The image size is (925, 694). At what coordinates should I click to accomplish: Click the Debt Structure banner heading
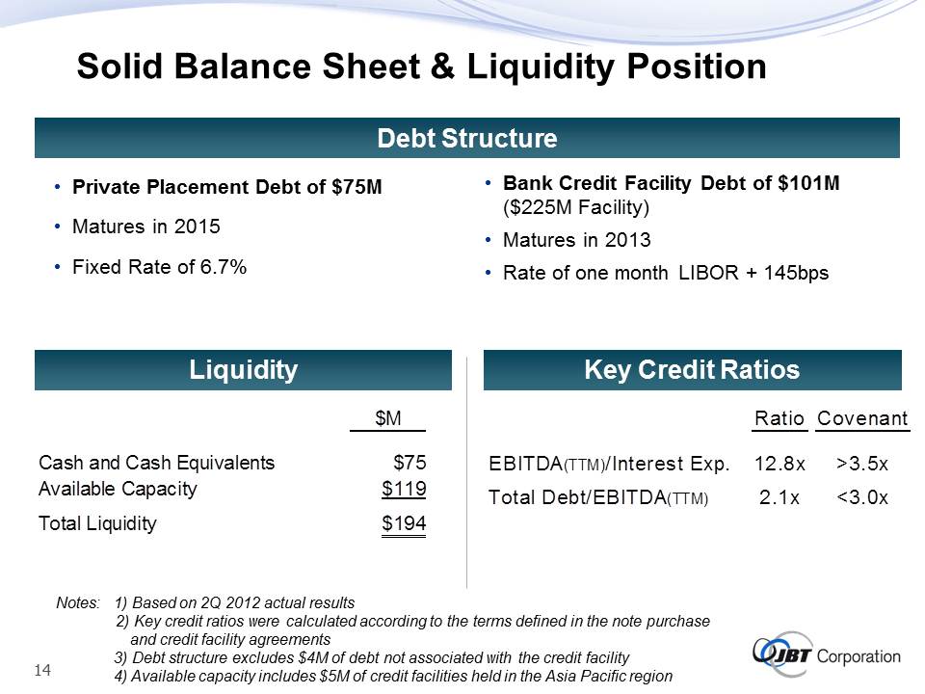pyautogui.click(x=466, y=138)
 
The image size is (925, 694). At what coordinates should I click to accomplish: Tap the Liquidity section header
pyautogui.click(x=243, y=370)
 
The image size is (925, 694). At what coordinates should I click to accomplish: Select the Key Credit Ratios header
pyautogui.click(x=692, y=370)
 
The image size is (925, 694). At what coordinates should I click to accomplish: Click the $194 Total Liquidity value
pyautogui.click(x=404, y=523)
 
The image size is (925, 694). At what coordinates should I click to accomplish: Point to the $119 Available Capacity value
pyautogui.click(x=404, y=489)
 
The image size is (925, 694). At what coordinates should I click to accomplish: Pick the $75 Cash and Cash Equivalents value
pyautogui.click(x=410, y=462)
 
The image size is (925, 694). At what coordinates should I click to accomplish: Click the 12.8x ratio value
pyautogui.click(x=780, y=464)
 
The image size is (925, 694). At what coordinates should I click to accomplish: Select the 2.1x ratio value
pyautogui.click(x=780, y=497)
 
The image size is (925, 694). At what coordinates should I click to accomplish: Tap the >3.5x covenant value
pyautogui.click(x=861, y=464)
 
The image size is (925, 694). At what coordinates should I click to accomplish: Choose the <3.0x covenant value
pyautogui.click(x=861, y=497)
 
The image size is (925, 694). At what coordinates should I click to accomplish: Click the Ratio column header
pyautogui.click(x=780, y=418)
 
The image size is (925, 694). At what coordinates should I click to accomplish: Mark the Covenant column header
pyautogui.click(x=862, y=418)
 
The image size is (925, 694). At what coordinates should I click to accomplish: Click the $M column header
pyautogui.click(x=388, y=417)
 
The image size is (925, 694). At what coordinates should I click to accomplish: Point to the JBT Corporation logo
pyautogui.click(x=827, y=654)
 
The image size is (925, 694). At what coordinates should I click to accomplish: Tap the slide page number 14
pyautogui.click(x=43, y=671)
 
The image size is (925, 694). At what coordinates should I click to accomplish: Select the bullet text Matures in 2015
pyautogui.click(x=146, y=227)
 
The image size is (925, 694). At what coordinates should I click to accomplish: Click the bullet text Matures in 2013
pyautogui.click(x=577, y=240)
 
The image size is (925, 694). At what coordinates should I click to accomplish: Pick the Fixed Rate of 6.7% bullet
pyautogui.click(x=159, y=267)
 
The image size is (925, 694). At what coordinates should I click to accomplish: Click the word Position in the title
pyautogui.click(x=697, y=67)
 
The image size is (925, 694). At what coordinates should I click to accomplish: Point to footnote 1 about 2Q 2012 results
pyautogui.click(x=235, y=602)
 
